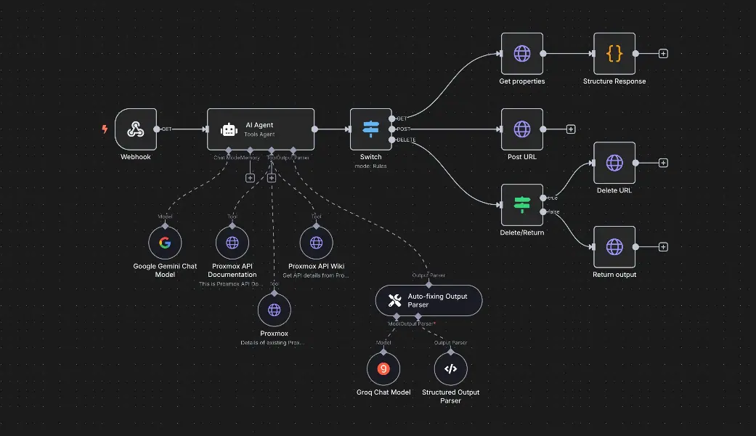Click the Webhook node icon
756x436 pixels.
click(x=135, y=129)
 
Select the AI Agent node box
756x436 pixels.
click(x=260, y=129)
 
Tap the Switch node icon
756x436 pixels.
click(x=370, y=129)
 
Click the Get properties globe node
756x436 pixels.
click(x=521, y=53)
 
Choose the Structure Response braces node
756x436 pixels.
click(x=614, y=53)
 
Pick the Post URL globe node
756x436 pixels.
click(x=521, y=129)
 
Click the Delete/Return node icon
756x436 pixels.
click(x=521, y=204)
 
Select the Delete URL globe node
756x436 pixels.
click(x=614, y=163)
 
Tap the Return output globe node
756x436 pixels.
click(x=614, y=247)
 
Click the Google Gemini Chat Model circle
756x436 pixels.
click(x=165, y=243)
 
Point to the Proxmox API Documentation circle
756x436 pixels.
click(x=232, y=243)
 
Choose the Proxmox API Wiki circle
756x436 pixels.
click(x=316, y=243)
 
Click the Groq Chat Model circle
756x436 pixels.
click(x=383, y=368)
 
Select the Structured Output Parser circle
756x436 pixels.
click(x=450, y=368)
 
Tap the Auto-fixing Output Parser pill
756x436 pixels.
click(x=428, y=300)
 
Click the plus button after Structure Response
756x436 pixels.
click(x=663, y=54)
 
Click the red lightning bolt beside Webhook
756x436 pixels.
click(x=105, y=129)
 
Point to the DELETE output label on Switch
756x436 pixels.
click(x=407, y=140)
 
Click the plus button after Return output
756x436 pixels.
click(x=663, y=247)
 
